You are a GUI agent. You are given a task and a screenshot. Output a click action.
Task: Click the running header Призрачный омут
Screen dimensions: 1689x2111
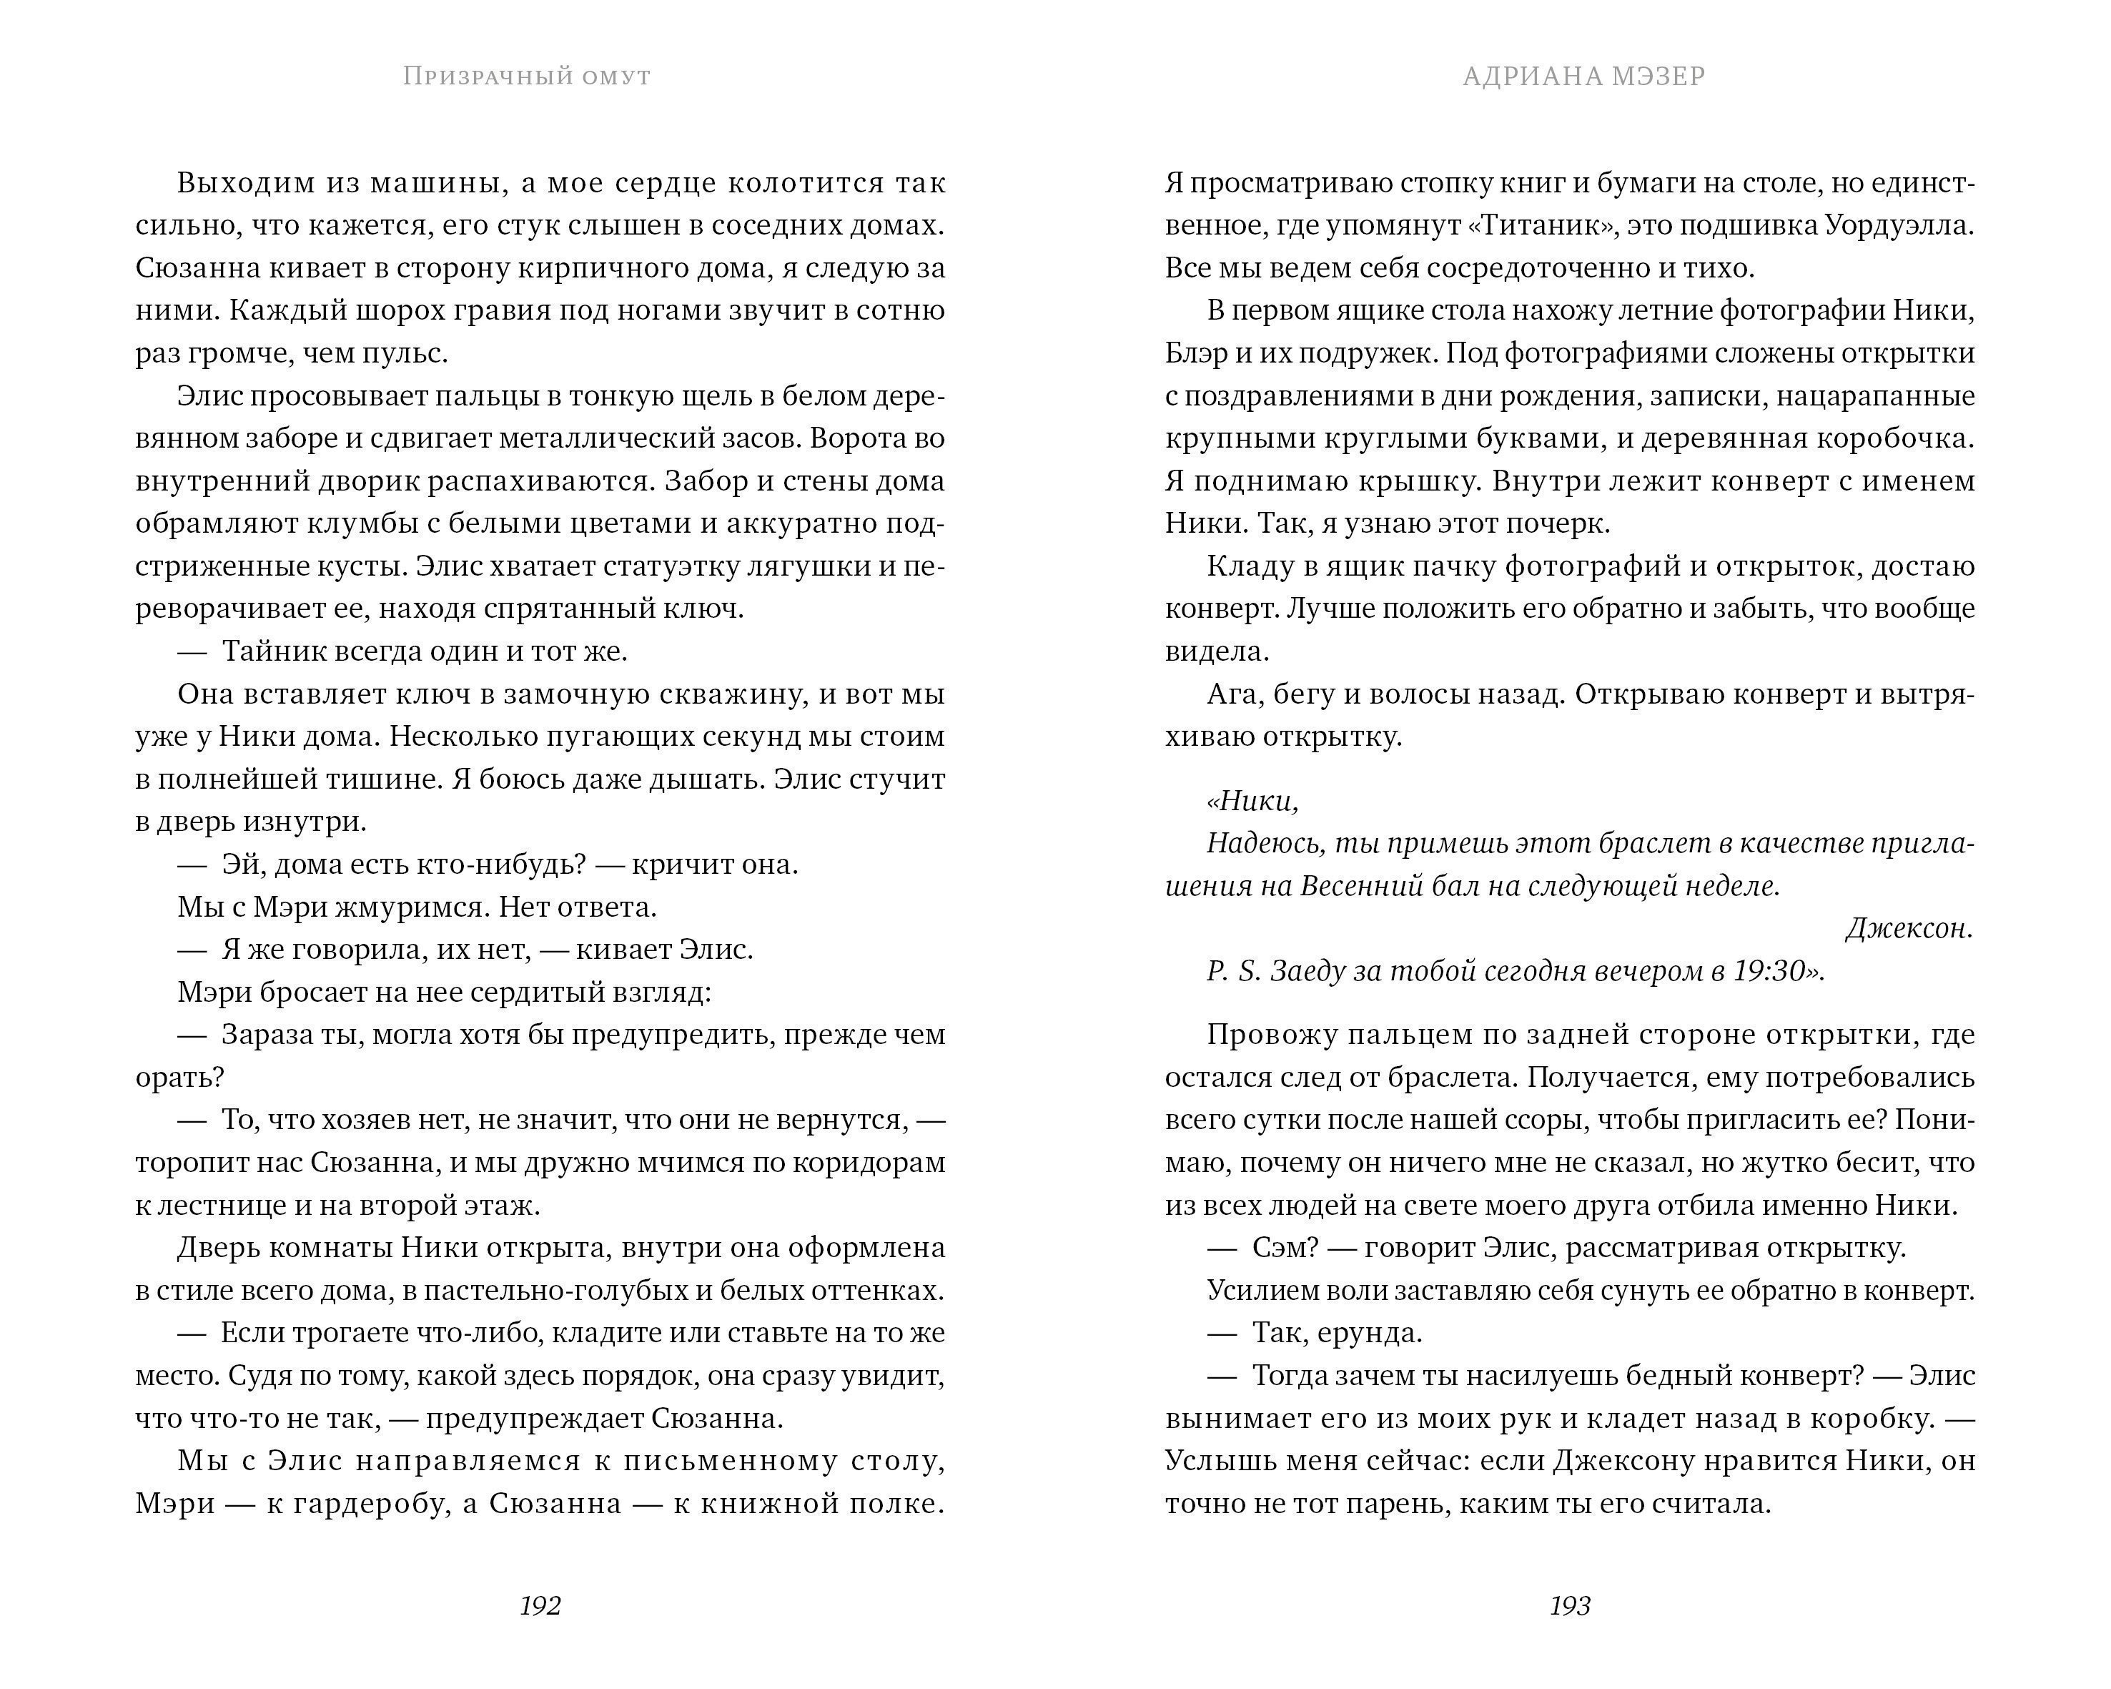coord(527,77)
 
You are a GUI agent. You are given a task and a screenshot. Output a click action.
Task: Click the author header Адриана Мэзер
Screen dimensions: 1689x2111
coord(1583,77)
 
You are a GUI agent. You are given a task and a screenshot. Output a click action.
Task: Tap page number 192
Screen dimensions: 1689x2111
coord(540,1606)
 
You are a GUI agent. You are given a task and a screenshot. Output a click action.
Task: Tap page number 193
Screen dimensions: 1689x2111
coord(1570,1606)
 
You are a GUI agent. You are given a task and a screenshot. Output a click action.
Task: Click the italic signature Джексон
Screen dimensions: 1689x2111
coord(1909,928)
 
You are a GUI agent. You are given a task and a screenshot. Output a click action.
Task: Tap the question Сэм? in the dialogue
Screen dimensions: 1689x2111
coord(1281,1249)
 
